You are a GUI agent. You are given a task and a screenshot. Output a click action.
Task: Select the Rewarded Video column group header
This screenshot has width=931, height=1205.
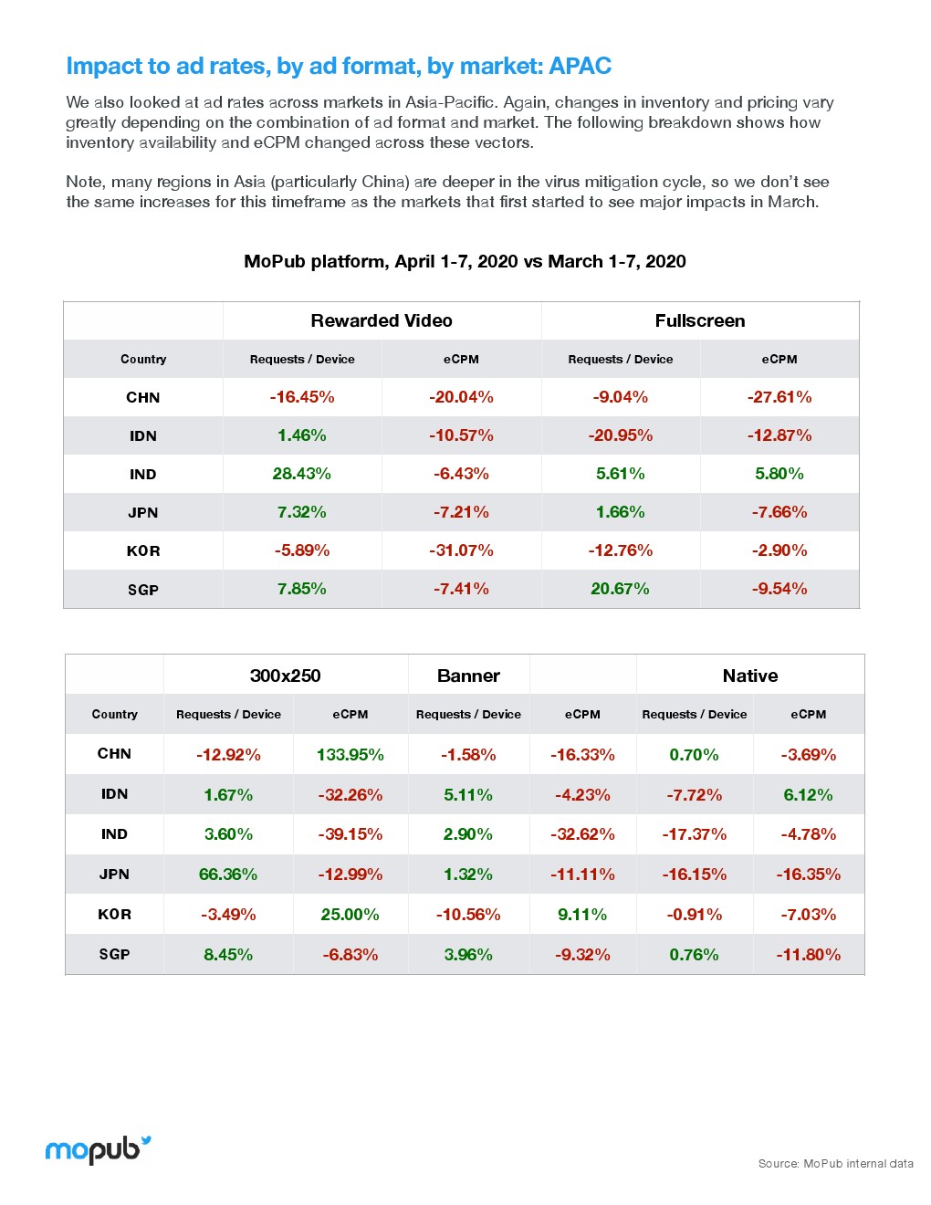click(382, 320)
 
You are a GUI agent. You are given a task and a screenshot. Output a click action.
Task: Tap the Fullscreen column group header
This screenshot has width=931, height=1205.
click(700, 320)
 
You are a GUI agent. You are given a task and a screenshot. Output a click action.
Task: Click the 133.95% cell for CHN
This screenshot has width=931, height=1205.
click(350, 755)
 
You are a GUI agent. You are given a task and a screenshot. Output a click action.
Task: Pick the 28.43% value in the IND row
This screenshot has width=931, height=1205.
click(302, 474)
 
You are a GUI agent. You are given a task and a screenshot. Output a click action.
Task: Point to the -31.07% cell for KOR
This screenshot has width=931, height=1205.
click(461, 550)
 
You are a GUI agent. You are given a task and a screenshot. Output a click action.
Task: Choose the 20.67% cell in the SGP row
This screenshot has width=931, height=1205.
click(620, 589)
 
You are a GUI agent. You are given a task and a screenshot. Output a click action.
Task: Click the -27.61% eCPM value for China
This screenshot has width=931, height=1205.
click(779, 397)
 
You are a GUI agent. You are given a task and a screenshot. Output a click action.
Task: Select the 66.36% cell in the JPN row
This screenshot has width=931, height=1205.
click(228, 875)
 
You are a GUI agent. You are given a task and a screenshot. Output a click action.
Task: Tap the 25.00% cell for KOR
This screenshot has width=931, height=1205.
click(350, 915)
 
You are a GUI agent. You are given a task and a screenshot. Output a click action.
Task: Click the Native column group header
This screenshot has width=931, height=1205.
click(750, 676)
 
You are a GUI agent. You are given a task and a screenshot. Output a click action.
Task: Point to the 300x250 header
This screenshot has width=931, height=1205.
click(285, 676)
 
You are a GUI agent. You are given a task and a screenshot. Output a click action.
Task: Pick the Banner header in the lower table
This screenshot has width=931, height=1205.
click(468, 676)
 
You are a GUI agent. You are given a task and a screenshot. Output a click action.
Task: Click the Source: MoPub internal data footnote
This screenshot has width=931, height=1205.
click(835, 1163)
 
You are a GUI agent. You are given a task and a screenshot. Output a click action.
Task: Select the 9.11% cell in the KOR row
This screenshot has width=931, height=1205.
click(582, 915)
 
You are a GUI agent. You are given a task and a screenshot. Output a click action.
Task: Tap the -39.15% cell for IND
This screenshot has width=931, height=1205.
click(350, 834)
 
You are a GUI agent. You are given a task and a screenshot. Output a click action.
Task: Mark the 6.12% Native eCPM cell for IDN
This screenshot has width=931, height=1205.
click(809, 795)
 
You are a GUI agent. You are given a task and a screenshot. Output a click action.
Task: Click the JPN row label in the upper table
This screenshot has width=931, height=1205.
click(143, 512)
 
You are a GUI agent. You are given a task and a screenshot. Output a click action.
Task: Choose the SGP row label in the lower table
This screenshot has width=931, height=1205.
click(114, 954)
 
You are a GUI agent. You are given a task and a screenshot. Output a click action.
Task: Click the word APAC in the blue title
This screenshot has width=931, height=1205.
click(581, 66)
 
